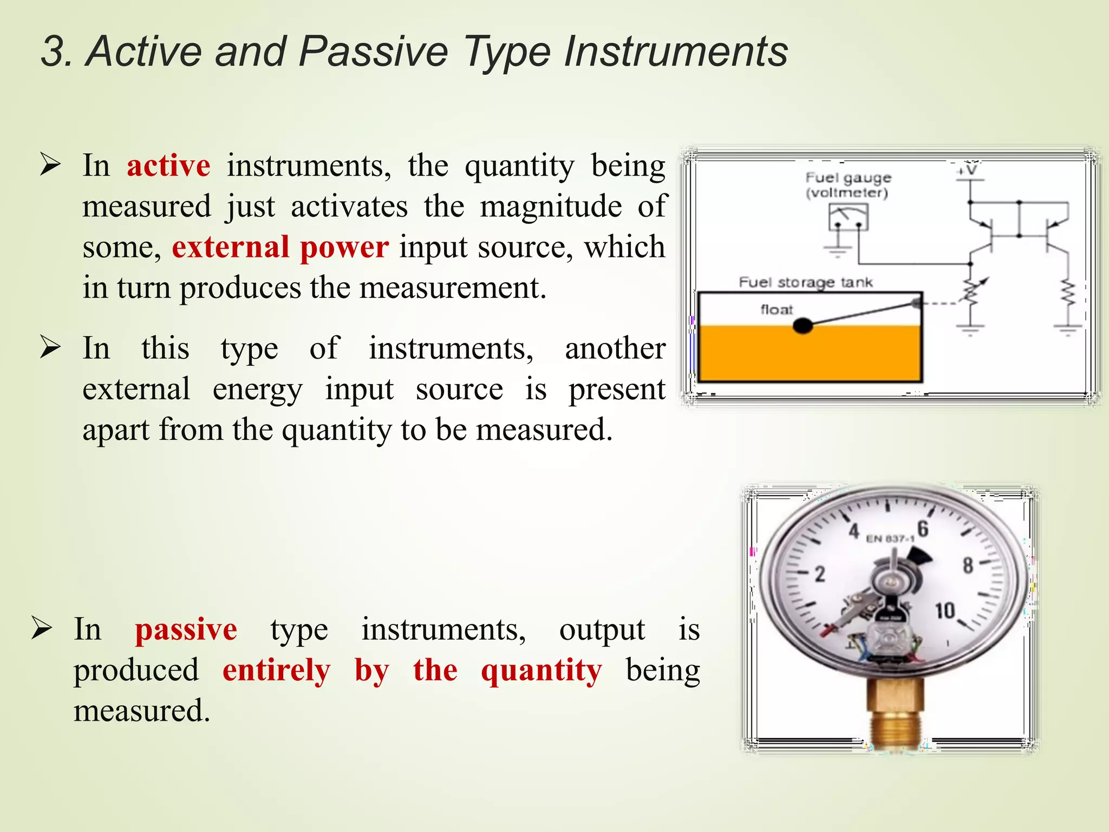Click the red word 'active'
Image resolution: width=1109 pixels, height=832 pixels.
[168, 166]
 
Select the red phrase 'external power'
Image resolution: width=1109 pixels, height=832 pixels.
[280, 248]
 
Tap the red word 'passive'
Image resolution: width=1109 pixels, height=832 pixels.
[186, 630]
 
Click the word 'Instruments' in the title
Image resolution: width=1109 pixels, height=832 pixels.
[675, 51]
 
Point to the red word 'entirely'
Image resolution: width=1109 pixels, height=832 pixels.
[276, 671]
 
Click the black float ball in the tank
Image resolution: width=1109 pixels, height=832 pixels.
[803, 326]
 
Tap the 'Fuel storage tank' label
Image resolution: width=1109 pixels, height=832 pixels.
[805, 282]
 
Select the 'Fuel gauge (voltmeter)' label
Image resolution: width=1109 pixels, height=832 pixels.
[847, 185]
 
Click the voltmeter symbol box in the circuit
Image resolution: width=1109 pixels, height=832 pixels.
[848, 217]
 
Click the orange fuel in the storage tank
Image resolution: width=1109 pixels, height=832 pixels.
[810, 355]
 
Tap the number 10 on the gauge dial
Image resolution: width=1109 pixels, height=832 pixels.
[944, 611]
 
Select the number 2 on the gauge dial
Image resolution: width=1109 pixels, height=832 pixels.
[820, 574]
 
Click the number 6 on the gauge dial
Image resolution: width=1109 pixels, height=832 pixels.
[923, 529]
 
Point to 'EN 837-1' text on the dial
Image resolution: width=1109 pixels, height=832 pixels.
[890, 538]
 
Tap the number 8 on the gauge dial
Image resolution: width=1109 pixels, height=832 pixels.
[968, 565]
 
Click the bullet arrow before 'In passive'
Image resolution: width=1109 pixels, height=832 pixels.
[42, 628]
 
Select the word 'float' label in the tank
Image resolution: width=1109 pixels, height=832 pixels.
[776, 309]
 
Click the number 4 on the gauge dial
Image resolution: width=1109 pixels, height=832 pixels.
[854, 531]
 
